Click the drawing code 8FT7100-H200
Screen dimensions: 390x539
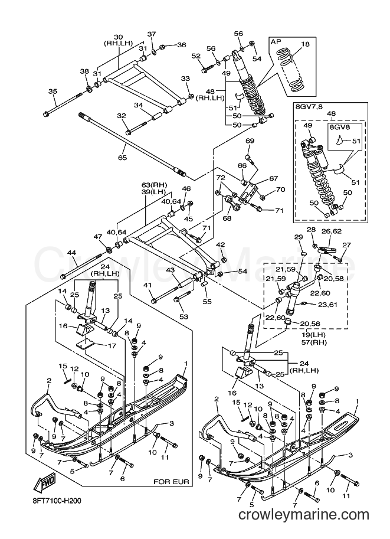click(54, 501)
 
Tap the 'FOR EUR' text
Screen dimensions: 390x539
click(171, 482)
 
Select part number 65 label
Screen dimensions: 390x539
click(122, 158)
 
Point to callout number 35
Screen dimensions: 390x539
click(53, 92)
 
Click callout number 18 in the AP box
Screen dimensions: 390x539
click(305, 44)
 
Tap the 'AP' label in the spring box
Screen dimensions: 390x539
click(276, 41)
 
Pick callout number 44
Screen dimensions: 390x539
click(71, 253)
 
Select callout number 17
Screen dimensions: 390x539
click(112, 346)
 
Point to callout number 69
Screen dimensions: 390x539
click(250, 141)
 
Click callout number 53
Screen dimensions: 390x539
click(184, 316)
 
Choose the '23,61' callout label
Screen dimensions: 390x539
click(327, 304)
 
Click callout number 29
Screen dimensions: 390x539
click(299, 237)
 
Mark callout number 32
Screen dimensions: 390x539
click(122, 116)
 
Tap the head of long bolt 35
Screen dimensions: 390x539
click(46, 114)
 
